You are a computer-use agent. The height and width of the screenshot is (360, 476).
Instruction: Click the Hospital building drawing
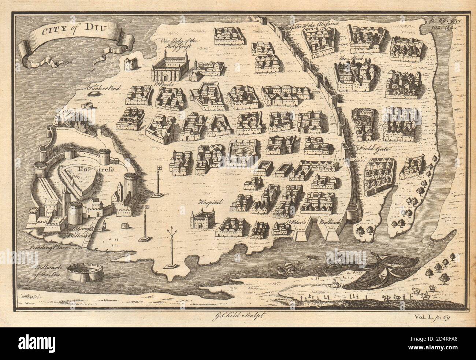tap(202, 219)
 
